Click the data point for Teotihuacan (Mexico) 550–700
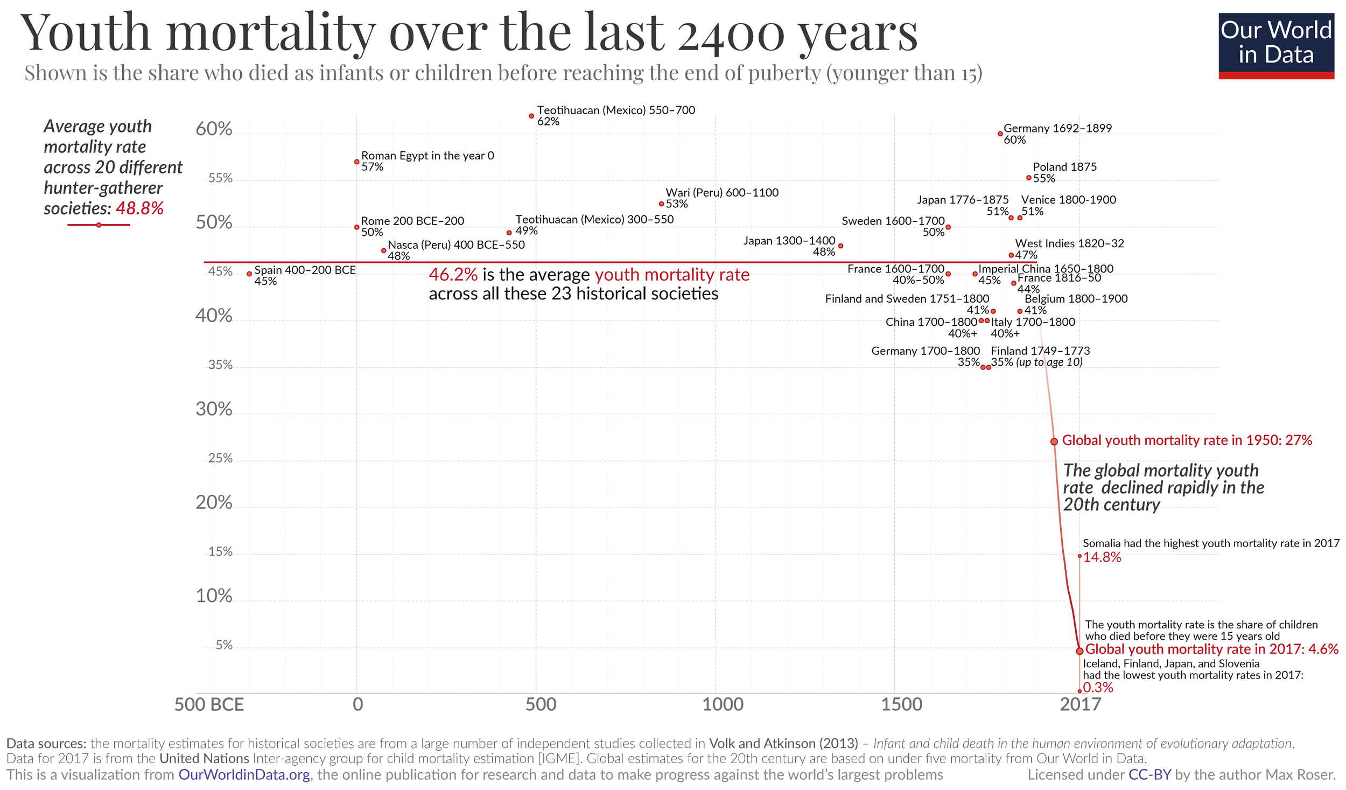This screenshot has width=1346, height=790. [531, 116]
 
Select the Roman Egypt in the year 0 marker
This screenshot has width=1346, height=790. [356, 162]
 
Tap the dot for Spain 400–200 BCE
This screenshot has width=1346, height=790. [249, 274]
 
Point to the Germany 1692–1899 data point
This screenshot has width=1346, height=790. [1000, 134]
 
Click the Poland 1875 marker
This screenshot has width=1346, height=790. [1028, 178]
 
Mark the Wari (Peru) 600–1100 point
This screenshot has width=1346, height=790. [661, 204]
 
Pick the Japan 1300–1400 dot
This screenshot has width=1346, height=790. [840, 246]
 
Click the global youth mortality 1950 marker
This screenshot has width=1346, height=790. [1054, 442]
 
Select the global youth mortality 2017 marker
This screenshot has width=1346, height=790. [1079, 651]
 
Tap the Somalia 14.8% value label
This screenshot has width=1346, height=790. [1102, 557]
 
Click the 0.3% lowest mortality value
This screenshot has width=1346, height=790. [1098, 688]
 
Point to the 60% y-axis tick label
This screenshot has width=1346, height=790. [214, 129]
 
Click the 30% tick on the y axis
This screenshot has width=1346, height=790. [214, 409]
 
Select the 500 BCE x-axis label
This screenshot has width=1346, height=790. [209, 704]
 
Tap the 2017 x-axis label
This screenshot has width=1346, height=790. [1080, 704]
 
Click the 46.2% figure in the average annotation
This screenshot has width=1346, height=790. [453, 275]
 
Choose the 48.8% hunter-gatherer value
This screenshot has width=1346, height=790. [139, 208]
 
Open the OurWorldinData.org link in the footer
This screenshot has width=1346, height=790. [244, 774]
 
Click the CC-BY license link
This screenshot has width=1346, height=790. [1149, 774]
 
